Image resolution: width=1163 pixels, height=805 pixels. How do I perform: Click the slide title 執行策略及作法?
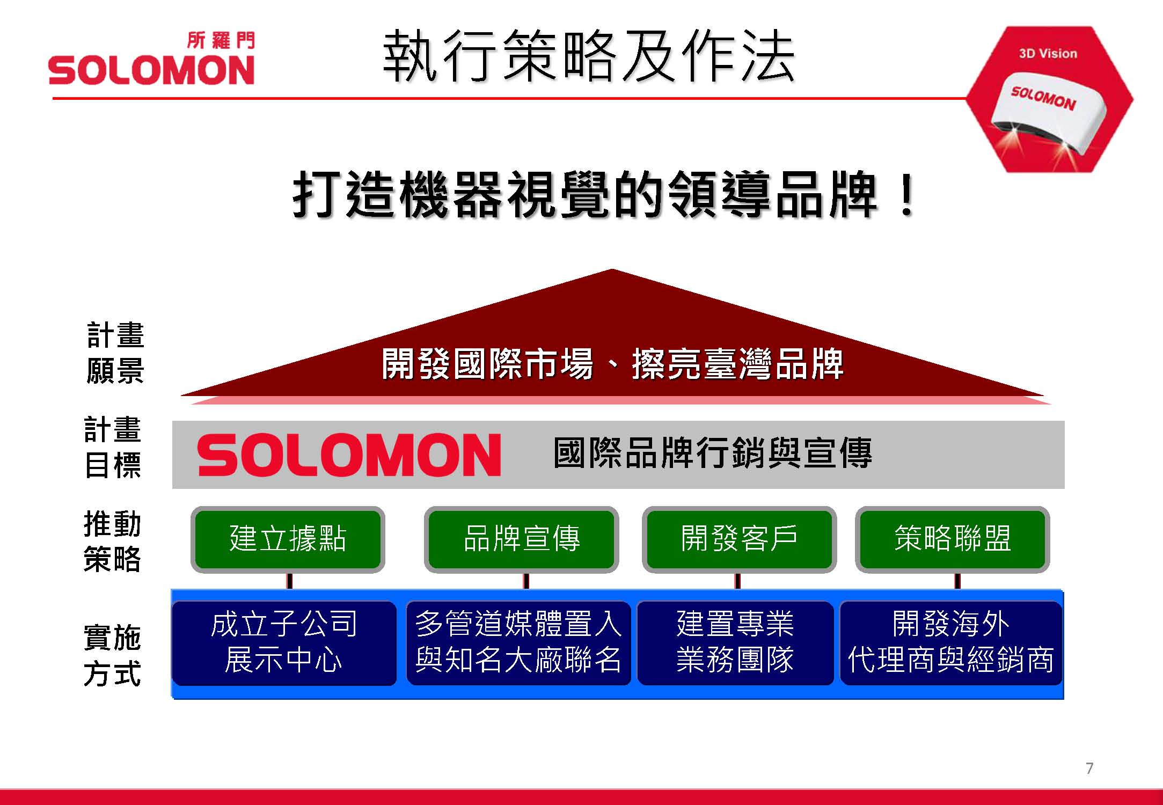588,56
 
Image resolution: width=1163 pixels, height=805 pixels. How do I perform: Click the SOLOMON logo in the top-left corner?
151,59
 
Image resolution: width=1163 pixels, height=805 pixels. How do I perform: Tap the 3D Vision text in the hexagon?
1048,54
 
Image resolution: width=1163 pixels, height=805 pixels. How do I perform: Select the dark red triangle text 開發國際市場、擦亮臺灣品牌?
612,364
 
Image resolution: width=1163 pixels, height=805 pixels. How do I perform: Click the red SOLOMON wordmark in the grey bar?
349,455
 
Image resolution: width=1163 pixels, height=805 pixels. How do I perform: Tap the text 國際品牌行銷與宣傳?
713,453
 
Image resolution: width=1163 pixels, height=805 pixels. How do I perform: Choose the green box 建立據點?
288,539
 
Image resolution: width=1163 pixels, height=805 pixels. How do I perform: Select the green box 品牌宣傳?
522,539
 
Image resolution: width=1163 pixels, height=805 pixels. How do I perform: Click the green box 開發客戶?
739,539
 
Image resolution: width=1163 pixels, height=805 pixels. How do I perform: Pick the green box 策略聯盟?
952,539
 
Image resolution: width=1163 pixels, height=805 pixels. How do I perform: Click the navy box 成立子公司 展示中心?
284,643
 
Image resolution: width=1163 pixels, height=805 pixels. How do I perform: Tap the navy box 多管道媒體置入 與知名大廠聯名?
518,643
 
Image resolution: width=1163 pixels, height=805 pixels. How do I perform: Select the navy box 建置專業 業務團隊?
735,643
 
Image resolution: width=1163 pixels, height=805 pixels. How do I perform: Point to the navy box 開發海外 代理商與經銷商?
951,643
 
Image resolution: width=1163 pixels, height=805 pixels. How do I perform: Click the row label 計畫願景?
115,353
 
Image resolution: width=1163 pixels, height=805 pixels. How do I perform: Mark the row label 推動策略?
112,541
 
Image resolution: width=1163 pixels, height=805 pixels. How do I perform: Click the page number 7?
1089,769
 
